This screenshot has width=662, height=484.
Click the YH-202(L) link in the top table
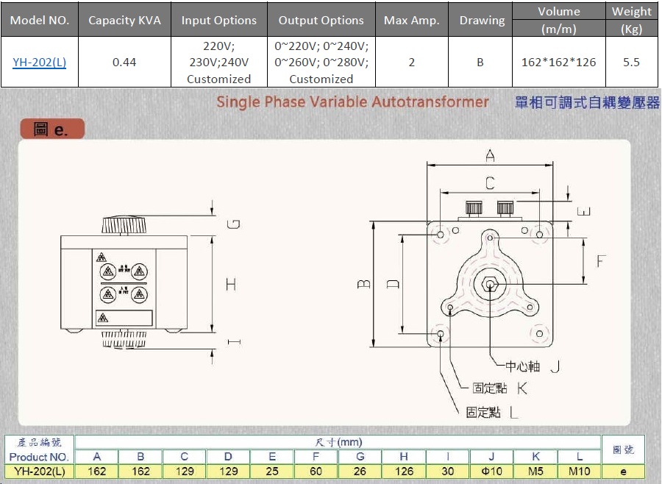(x=39, y=62)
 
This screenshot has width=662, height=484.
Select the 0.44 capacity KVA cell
(x=124, y=62)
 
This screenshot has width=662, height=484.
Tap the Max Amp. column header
(x=411, y=20)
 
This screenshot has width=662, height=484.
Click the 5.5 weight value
(x=631, y=62)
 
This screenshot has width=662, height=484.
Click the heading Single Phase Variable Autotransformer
(x=352, y=102)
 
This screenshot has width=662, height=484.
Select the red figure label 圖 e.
(x=51, y=130)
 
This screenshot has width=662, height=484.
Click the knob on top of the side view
(x=125, y=224)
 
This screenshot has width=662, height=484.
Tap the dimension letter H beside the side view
(x=232, y=283)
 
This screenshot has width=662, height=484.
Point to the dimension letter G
(x=233, y=224)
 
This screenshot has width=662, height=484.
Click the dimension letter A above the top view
(x=490, y=155)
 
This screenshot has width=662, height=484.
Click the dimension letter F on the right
(x=602, y=261)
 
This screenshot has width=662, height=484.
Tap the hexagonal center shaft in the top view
(x=489, y=284)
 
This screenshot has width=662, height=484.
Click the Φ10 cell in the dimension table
(x=491, y=471)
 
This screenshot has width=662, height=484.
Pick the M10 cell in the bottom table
(x=579, y=471)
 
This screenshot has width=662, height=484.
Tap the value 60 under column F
(x=316, y=471)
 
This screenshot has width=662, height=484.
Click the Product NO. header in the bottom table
(x=39, y=457)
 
